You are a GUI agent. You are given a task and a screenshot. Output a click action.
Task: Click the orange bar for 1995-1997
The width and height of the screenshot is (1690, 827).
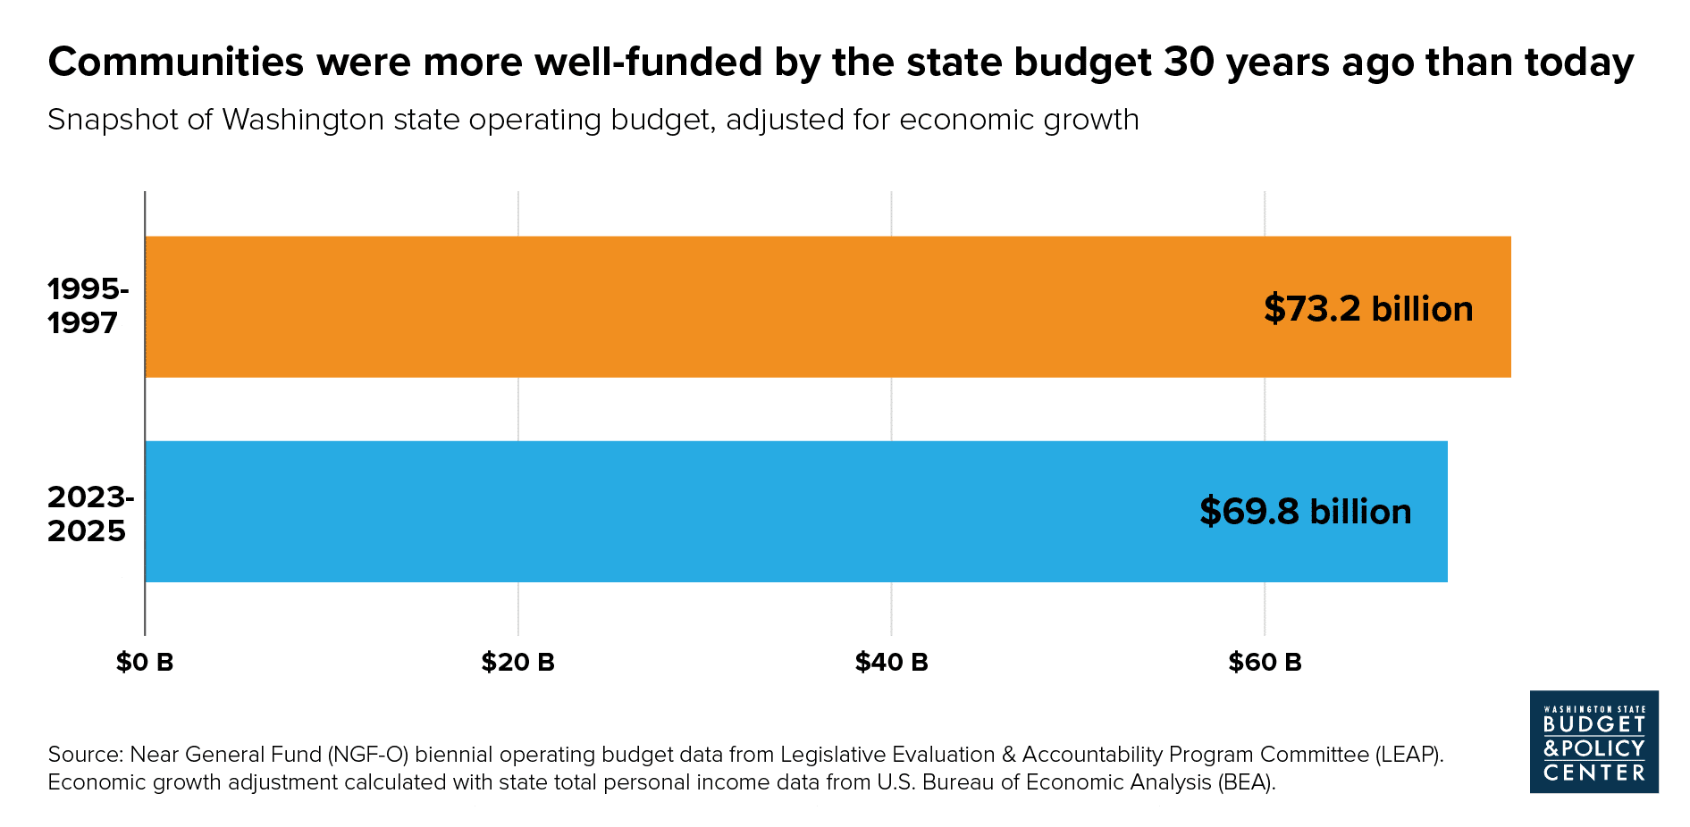coord(715,306)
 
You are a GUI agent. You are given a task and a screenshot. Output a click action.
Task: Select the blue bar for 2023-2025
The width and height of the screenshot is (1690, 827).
coord(715,511)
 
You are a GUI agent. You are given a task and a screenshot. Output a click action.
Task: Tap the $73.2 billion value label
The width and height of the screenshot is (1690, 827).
coord(1368,309)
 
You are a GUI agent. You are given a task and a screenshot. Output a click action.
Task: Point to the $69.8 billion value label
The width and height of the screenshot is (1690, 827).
coord(1305,512)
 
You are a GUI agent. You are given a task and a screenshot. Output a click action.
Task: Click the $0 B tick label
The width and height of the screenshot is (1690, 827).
coord(145,662)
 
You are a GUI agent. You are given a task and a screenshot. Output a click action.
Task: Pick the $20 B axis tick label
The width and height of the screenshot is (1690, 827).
coord(518,662)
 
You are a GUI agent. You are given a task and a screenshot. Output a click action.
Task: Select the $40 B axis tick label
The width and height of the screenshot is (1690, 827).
coord(891,662)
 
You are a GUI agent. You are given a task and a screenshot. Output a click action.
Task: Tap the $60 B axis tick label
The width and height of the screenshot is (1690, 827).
coord(1265,662)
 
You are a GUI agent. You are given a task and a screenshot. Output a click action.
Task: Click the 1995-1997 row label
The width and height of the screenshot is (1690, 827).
coord(88,305)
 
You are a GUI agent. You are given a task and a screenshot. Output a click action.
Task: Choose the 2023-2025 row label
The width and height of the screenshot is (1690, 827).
coord(90,514)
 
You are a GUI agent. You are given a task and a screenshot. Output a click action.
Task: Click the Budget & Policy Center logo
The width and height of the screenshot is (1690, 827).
coord(1593,741)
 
